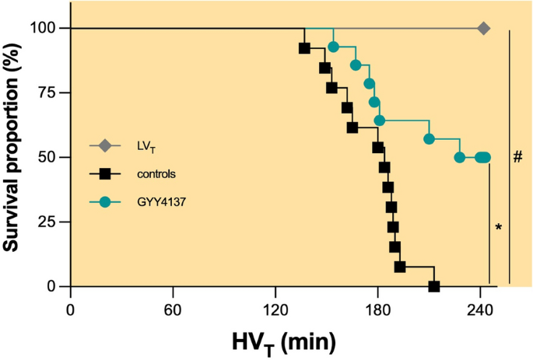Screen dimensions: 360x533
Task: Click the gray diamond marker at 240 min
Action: click(483, 28)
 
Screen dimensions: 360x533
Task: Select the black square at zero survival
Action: click(434, 286)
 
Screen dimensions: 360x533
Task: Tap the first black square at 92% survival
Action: click(305, 48)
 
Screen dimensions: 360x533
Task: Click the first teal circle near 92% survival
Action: click(334, 47)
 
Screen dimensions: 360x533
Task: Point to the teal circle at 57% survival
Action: click(429, 138)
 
